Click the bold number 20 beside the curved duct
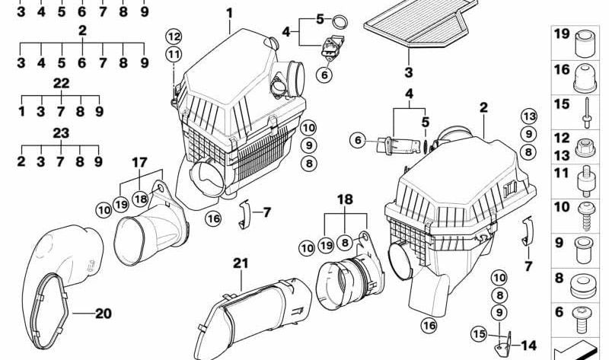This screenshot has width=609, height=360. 102,313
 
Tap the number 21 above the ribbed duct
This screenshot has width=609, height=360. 241,263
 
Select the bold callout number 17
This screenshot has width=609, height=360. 139,162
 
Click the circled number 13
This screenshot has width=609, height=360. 529,116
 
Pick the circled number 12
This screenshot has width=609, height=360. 174,36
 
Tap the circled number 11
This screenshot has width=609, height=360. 174,54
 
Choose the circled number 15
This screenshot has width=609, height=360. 478,333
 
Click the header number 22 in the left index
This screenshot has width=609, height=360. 61,81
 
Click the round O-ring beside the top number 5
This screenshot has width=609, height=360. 343,19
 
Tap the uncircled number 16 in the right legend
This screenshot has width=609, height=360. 562,70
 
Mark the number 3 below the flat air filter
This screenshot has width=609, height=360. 409,73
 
